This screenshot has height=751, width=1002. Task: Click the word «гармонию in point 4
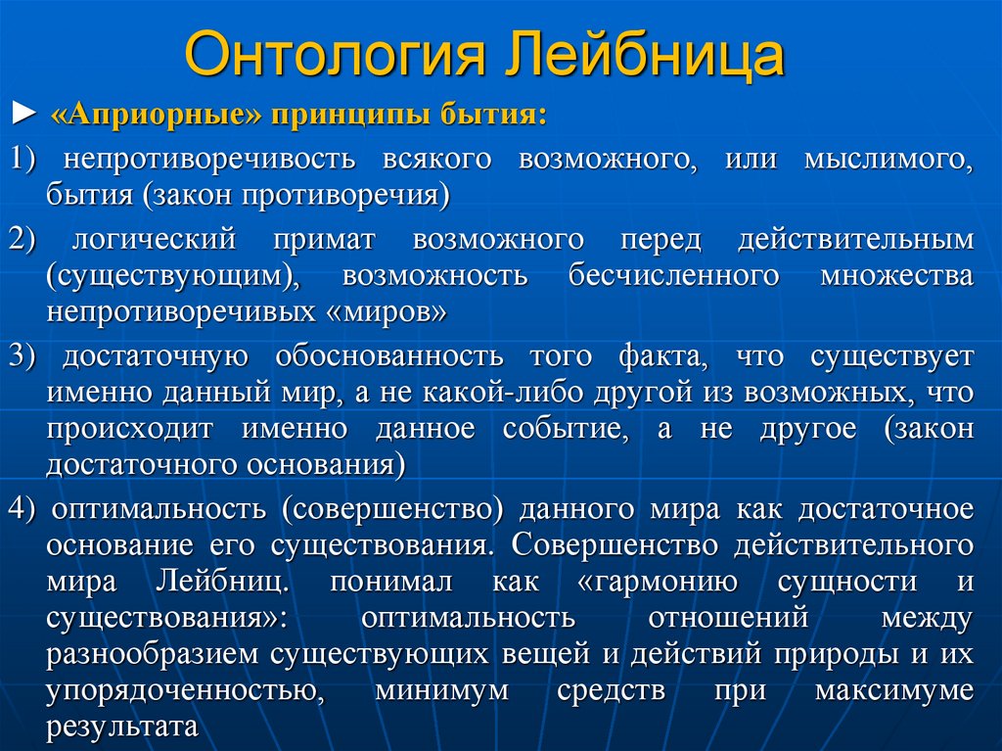coord(651,582)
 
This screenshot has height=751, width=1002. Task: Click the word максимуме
coord(893,690)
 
